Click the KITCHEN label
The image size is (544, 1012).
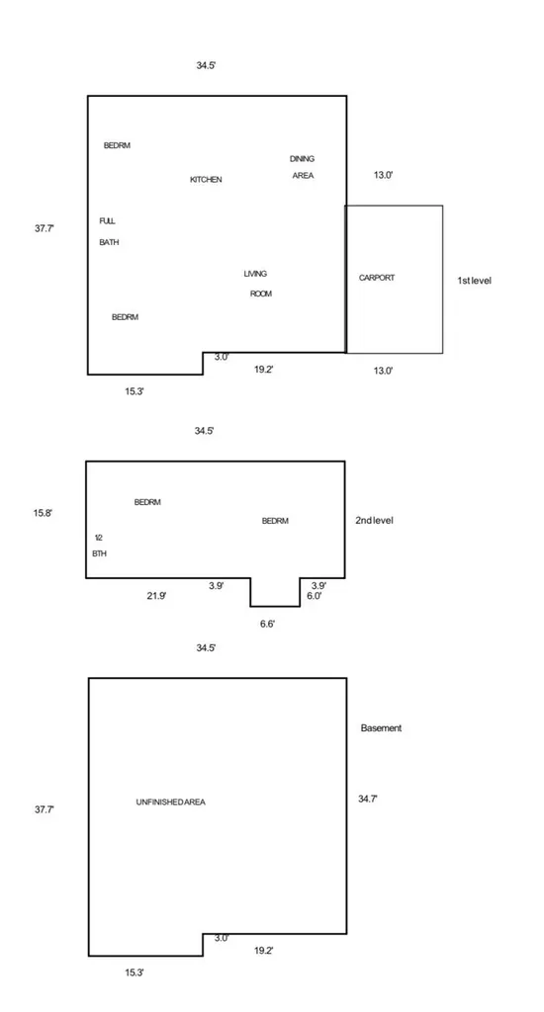click(x=206, y=180)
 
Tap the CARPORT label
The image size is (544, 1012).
click(x=377, y=278)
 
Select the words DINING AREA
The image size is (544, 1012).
click(x=303, y=167)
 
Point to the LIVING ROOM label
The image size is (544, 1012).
click(x=258, y=284)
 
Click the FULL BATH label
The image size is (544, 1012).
click(x=109, y=231)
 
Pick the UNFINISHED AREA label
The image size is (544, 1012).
click(x=171, y=802)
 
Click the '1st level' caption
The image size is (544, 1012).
click(x=474, y=281)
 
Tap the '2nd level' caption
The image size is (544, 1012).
click(x=374, y=521)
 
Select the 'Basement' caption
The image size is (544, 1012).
click(x=381, y=728)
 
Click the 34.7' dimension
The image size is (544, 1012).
click(x=368, y=799)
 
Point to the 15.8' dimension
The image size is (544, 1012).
click(x=44, y=514)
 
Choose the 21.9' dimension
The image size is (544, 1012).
click(x=156, y=596)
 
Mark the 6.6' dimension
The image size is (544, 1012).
click(x=267, y=625)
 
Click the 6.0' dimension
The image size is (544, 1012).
click(x=314, y=596)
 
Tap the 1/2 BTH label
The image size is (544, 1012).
click(x=100, y=546)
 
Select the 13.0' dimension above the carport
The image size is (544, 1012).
click(x=383, y=175)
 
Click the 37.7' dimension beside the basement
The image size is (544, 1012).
click(x=45, y=809)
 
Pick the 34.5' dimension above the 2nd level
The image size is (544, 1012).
click(x=204, y=431)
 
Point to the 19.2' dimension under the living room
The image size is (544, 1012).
click(x=264, y=370)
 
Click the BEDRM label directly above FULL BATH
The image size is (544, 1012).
click(x=117, y=146)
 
